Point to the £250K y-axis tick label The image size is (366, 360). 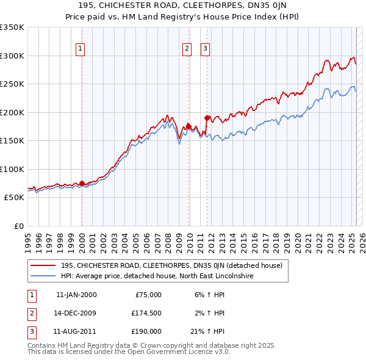click(x=12, y=84)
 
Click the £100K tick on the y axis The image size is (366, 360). click(x=12, y=169)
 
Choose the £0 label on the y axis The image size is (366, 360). click(x=18, y=226)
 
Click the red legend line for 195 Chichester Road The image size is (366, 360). click(x=43, y=266)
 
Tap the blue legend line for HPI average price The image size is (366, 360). click(x=43, y=276)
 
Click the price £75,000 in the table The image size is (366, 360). click(x=148, y=295)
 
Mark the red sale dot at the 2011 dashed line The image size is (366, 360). click(x=207, y=118)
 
